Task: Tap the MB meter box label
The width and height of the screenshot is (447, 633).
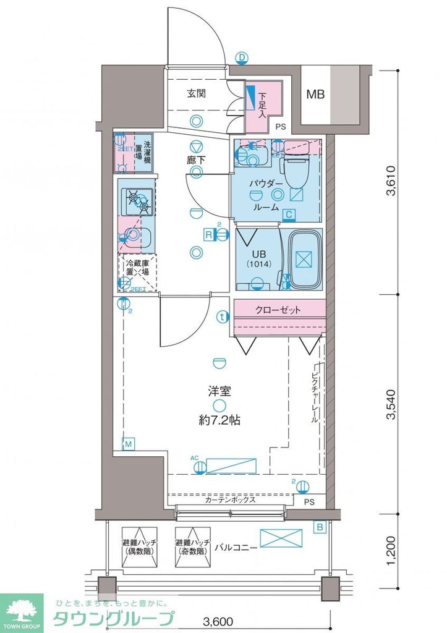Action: pyautogui.click(x=315, y=95)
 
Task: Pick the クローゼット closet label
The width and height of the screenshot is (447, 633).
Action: pyautogui.click(x=279, y=310)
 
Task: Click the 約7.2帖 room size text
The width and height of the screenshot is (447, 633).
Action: pyautogui.click(x=219, y=420)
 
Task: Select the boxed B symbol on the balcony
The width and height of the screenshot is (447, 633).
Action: pyautogui.click(x=320, y=527)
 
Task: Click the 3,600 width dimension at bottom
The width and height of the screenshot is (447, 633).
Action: pyautogui.click(x=219, y=619)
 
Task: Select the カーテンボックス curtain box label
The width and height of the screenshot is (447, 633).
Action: pyautogui.click(x=231, y=500)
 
